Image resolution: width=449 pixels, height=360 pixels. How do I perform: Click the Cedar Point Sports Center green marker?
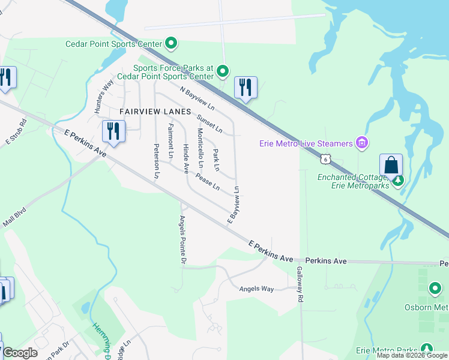171,43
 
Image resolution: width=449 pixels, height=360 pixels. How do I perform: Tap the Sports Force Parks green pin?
223,72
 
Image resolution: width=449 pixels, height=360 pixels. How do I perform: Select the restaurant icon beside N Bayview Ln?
246,88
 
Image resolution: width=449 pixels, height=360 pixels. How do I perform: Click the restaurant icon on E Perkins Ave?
113,131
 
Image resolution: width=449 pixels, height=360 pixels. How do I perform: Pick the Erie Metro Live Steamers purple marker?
361,143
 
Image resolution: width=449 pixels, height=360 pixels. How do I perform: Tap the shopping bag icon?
391,165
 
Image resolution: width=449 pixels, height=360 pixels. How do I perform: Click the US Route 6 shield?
325,159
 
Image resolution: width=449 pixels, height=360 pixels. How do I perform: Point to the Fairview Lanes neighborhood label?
155,112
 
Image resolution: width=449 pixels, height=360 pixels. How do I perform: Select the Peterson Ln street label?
157,161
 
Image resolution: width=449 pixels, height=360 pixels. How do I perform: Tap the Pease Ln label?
208,182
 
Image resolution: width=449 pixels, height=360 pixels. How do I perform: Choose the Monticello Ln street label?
200,148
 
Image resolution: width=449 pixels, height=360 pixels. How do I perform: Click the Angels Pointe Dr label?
182,240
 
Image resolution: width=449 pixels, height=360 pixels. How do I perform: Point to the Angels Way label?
256,289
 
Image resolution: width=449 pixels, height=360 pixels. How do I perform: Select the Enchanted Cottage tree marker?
397,179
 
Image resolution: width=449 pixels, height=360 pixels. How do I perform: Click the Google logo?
20,353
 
